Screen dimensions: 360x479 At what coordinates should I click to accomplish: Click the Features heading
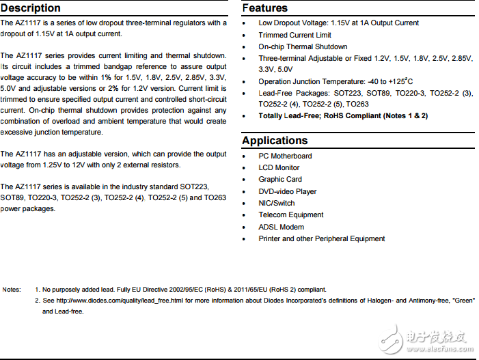(265, 8)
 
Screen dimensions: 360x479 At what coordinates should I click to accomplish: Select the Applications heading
(275, 141)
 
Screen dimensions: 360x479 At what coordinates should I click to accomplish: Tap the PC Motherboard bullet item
(285, 156)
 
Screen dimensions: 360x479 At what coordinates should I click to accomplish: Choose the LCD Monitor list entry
(279, 167)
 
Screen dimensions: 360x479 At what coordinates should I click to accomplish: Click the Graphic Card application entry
(280, 179)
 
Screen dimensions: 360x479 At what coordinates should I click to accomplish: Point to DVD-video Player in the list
(288, 191)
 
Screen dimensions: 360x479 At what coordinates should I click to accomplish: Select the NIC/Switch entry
(277, 203)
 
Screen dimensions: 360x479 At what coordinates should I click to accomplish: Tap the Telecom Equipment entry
(290, 214)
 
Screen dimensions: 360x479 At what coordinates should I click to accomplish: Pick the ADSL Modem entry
(282, 227)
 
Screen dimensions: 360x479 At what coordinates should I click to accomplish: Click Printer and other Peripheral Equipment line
(322, 238)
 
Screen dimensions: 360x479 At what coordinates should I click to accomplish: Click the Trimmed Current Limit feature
(295, 35)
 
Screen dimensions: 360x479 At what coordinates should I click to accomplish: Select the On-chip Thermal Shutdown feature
(303, 46)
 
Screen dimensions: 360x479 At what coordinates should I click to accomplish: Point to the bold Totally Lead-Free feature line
(343, 116)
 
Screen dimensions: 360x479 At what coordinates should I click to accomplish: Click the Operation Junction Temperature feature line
(336, 81)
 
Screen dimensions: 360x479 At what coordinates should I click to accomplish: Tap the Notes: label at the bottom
(12, 290)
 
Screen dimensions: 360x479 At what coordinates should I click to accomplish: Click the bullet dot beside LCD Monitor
(246, 168)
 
